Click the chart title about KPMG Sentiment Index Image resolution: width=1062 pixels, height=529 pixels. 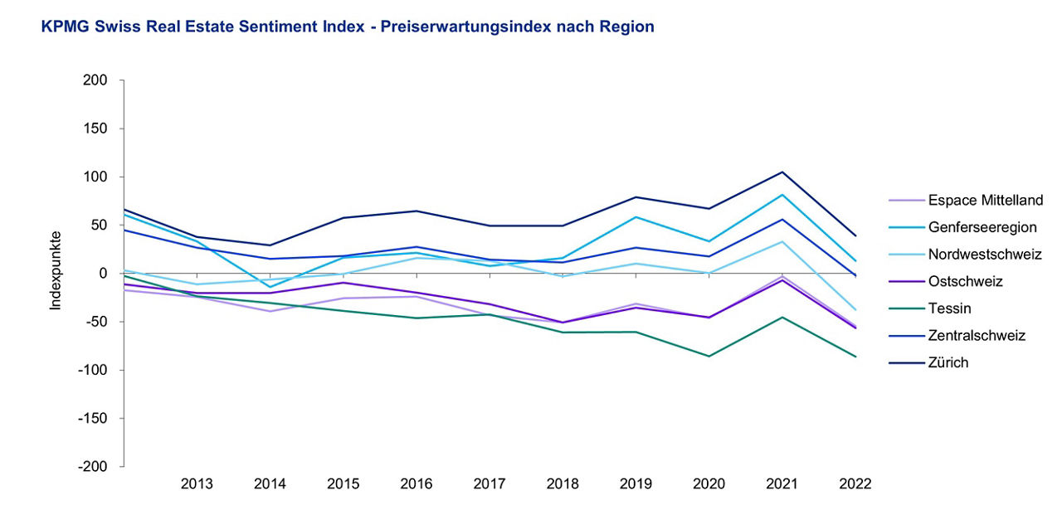(348, 27)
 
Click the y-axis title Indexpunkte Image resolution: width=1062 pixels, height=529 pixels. (56, 271)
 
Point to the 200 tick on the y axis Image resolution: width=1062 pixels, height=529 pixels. (96, 80)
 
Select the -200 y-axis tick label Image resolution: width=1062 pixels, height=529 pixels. (94, 467)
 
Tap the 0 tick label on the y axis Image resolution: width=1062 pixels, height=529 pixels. (104, 274)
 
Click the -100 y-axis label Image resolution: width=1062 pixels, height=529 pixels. (94, 370)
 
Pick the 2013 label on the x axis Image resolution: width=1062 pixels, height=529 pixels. (197, 484)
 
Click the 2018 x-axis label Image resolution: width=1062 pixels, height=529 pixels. (563, 484)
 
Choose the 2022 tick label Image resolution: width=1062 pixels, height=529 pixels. (855, 484)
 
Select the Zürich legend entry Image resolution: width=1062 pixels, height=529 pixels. (948, 362)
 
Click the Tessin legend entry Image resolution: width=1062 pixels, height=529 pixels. (949, 308)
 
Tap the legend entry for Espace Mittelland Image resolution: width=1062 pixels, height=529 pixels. (986, 200)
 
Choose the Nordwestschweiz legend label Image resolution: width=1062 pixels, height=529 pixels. (985, 254)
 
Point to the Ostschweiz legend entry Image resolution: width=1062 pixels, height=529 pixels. (966, 281)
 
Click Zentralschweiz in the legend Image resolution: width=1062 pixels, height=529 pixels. (977, 335)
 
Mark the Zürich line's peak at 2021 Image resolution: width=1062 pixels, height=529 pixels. (782, 172)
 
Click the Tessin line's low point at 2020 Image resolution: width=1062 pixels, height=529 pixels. (709, 357)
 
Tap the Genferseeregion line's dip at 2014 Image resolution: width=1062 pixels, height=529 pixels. (270, 287)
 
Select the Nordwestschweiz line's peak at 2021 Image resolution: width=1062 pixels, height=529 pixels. (782, 241)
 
